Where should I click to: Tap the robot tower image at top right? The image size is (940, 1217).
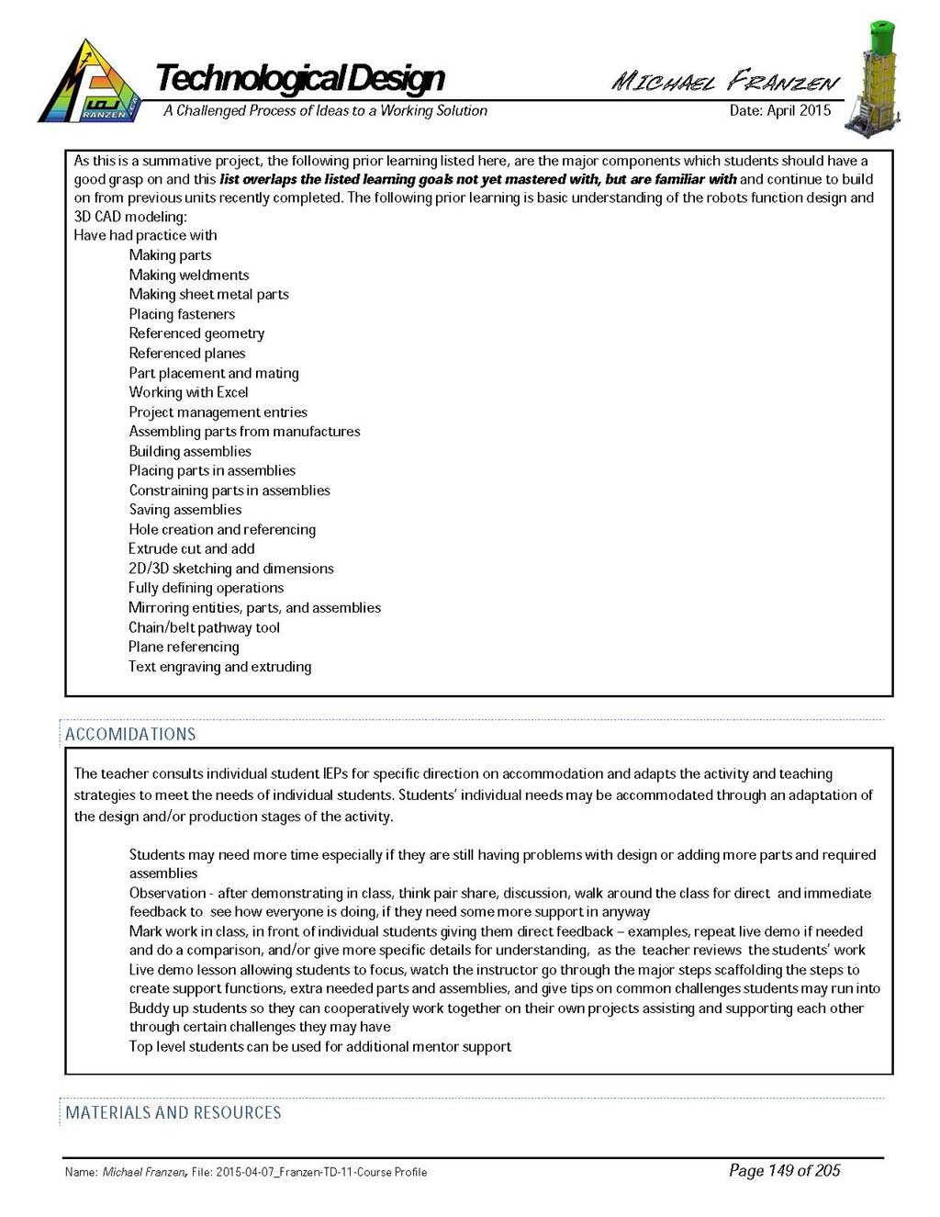point(878,81)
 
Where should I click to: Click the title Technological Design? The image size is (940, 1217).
point(300,78)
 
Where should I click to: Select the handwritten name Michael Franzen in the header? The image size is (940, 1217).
point(725,82)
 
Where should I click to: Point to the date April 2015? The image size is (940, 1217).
point(779,110)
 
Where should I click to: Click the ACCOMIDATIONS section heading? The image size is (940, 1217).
point(130,734)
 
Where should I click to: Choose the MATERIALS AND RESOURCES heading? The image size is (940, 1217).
point(173,1112)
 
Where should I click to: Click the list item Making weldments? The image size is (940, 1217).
point(188,275)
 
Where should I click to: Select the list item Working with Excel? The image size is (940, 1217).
point(188,392)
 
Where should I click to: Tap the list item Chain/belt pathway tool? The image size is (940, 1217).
point(204,627)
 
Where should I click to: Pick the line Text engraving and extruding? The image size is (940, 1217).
point(219,667)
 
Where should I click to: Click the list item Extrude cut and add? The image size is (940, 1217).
point(191,548)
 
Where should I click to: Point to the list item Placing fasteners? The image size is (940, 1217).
point(182,314)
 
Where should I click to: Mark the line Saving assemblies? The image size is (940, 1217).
point(185,510)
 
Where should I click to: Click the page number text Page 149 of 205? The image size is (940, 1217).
point(784,1170)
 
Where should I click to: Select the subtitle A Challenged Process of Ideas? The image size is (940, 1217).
point(325,110)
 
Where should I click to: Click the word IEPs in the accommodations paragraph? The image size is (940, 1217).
point(335,773)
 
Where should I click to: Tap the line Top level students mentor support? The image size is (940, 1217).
point(319,1046)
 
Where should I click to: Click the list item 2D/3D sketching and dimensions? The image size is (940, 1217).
point(230,569)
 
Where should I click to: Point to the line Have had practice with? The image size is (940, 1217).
point(145,235)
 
